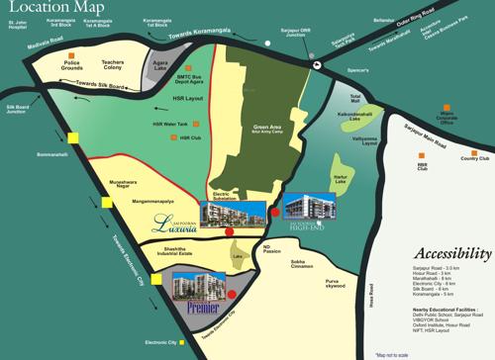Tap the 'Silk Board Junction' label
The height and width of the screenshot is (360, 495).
coord(18,108)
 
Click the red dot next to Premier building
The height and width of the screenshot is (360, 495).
coord(231,294)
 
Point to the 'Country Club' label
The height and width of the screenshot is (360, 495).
coord(475,157)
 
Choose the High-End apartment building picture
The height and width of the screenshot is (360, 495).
coord(306,205)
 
